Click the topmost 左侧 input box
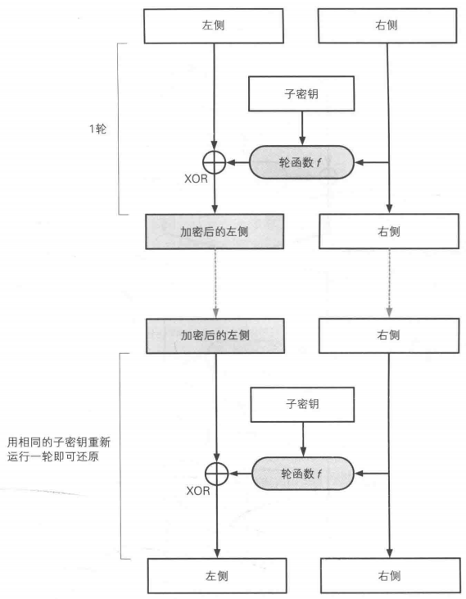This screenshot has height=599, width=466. pos(215,26)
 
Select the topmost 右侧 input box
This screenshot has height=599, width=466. pos(389,26)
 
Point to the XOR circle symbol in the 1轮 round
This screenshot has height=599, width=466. pos(215,163)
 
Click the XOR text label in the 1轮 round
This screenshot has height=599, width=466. pos(195,179)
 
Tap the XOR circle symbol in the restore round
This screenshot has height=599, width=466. pos(215,474)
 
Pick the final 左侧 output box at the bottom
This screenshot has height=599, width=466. pos(215,575)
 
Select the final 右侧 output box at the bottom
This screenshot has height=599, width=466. pos(389,575)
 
